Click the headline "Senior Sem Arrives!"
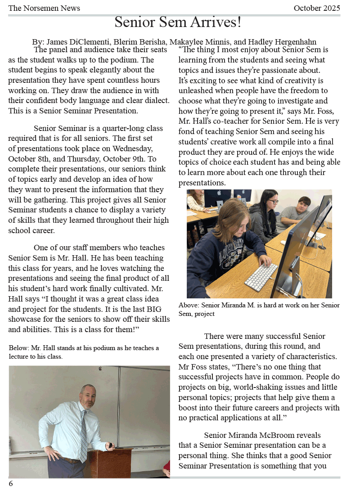point(178,22)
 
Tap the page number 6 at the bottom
point(11,483)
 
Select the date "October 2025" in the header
point(316,8)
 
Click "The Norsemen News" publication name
point(44,8)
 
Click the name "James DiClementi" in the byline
point(71,42)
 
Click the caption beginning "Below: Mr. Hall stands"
point(84,352)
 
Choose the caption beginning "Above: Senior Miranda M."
point(259,309)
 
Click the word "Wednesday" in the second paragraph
point(135,149)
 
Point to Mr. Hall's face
point(88,395)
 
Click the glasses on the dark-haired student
point(273,201)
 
